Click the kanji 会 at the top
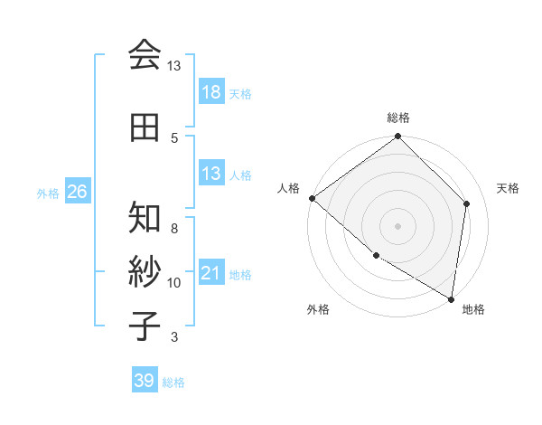tap(145, 55)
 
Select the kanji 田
tap(145, 127)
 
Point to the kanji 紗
tap(145, 272)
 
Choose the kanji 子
tap(145, 326)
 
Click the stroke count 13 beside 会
tap(173, 66)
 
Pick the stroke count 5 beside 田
tap(173, 137)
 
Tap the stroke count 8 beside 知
tap(173, 229)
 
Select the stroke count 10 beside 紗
tap(173, 283)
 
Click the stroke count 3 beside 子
tap(173, 337)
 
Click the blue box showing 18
tap(210, 92)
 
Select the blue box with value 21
tap(210, 273)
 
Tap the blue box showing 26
tap(77, 192)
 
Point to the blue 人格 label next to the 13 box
tap(240, 175)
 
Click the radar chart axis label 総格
tap(398, 118)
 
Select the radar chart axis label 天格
tap(508, 188)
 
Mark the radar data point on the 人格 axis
tap(312, 198)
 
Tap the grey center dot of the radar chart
tap(397, 225)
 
